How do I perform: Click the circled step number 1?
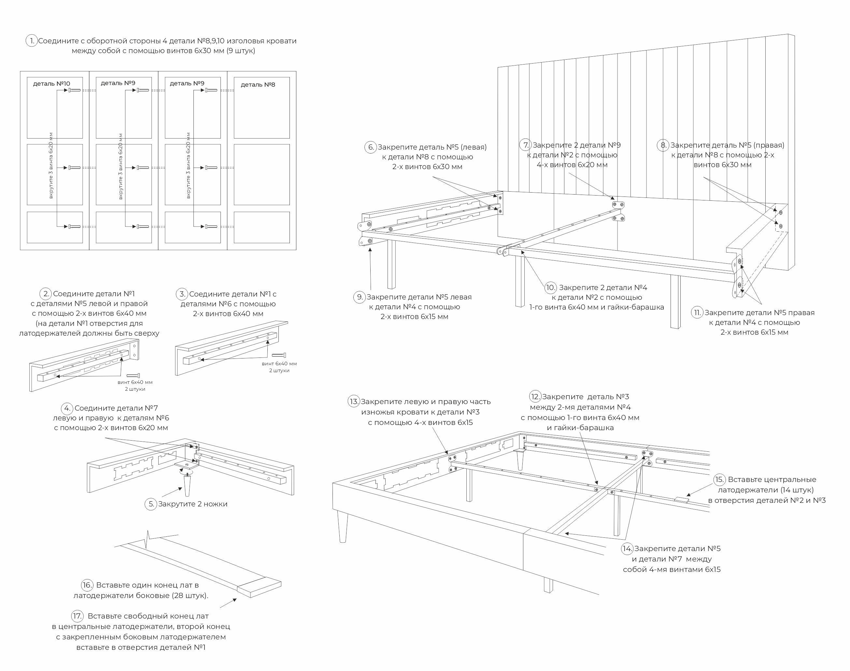(31, 41)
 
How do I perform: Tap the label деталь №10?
(51, 84)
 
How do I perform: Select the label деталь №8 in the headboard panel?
(258, 84)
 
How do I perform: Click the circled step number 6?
(371, 147)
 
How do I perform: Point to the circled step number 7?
(526, 145)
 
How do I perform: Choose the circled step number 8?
(663, 145)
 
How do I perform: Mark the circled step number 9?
(360, 297)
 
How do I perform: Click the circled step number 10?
(551, 287)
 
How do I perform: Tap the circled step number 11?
(697, 313)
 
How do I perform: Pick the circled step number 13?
(354, 401)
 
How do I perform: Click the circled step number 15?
(719, 479)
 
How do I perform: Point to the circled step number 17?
(77, 616)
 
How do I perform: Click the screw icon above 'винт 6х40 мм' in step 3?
(278, 355)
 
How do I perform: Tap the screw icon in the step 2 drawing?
(133, 375)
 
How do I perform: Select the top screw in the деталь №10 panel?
(74, 90)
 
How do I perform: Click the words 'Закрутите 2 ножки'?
(192, 504)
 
